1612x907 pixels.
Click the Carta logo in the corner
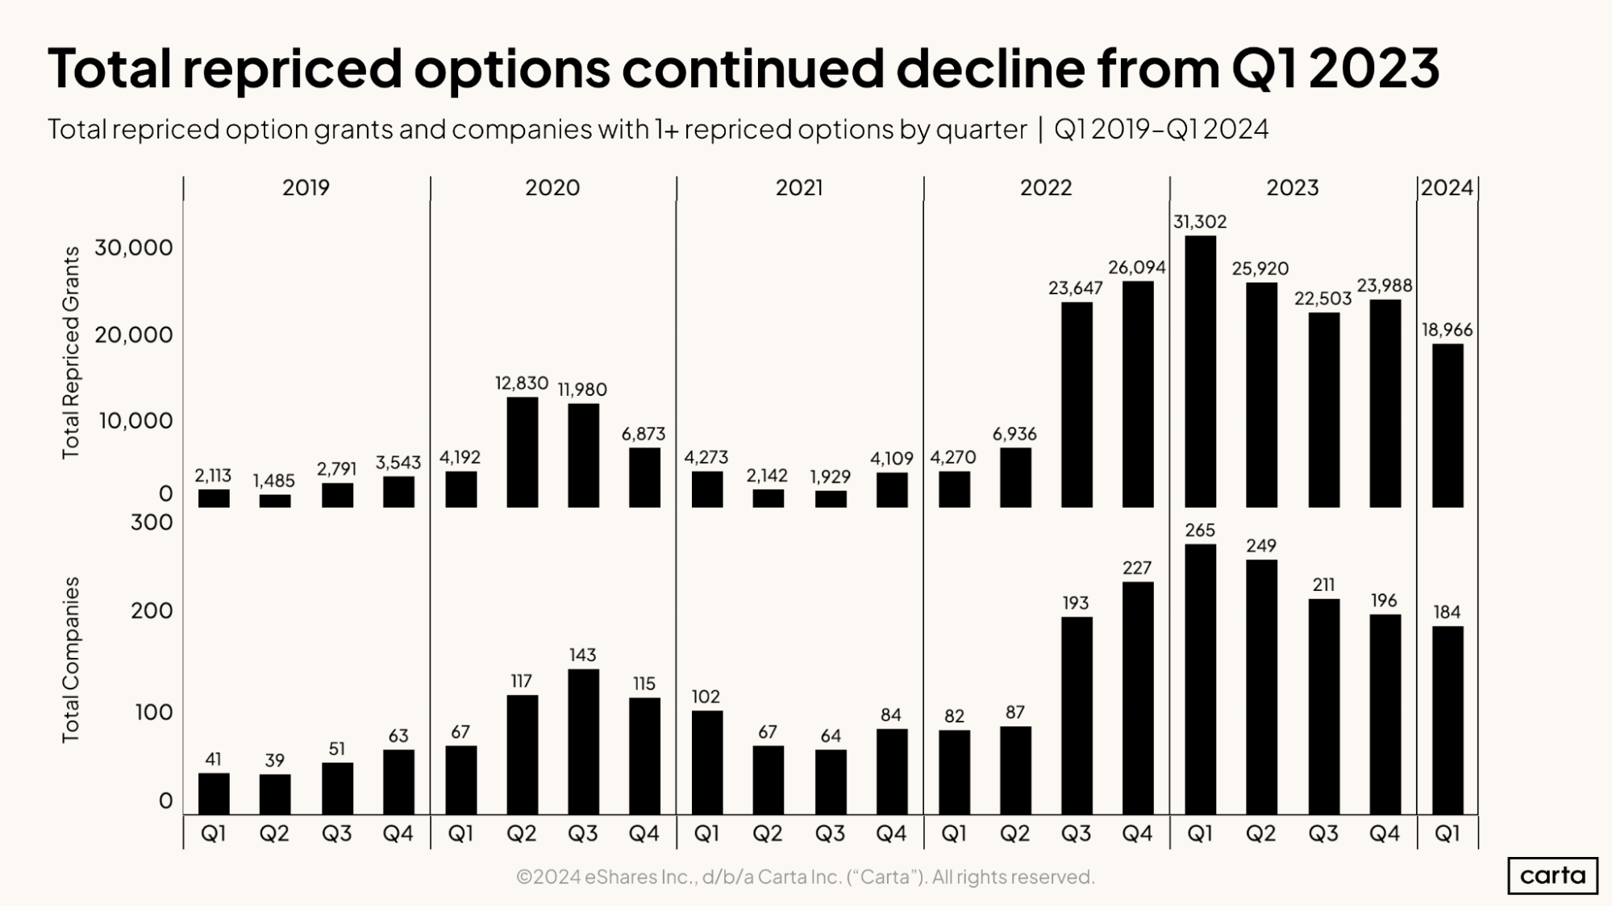1552,876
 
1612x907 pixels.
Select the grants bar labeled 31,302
1200,371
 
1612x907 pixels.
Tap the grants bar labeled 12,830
522,451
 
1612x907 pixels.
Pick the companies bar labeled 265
1200,679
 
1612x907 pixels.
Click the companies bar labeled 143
583,741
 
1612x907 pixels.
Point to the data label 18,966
1447,330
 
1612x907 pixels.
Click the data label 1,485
274,481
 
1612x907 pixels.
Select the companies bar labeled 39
275,794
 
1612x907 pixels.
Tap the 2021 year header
798,188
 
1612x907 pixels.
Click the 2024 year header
1447,188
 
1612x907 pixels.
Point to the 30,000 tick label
134,248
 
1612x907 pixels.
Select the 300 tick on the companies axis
152,522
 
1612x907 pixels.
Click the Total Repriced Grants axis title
71,352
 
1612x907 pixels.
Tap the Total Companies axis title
71,659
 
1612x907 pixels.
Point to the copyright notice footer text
805,876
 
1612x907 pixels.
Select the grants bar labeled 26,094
1137,393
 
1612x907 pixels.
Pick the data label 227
1137,568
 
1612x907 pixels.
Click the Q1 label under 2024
1447,834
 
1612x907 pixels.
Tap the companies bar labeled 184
1447,719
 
